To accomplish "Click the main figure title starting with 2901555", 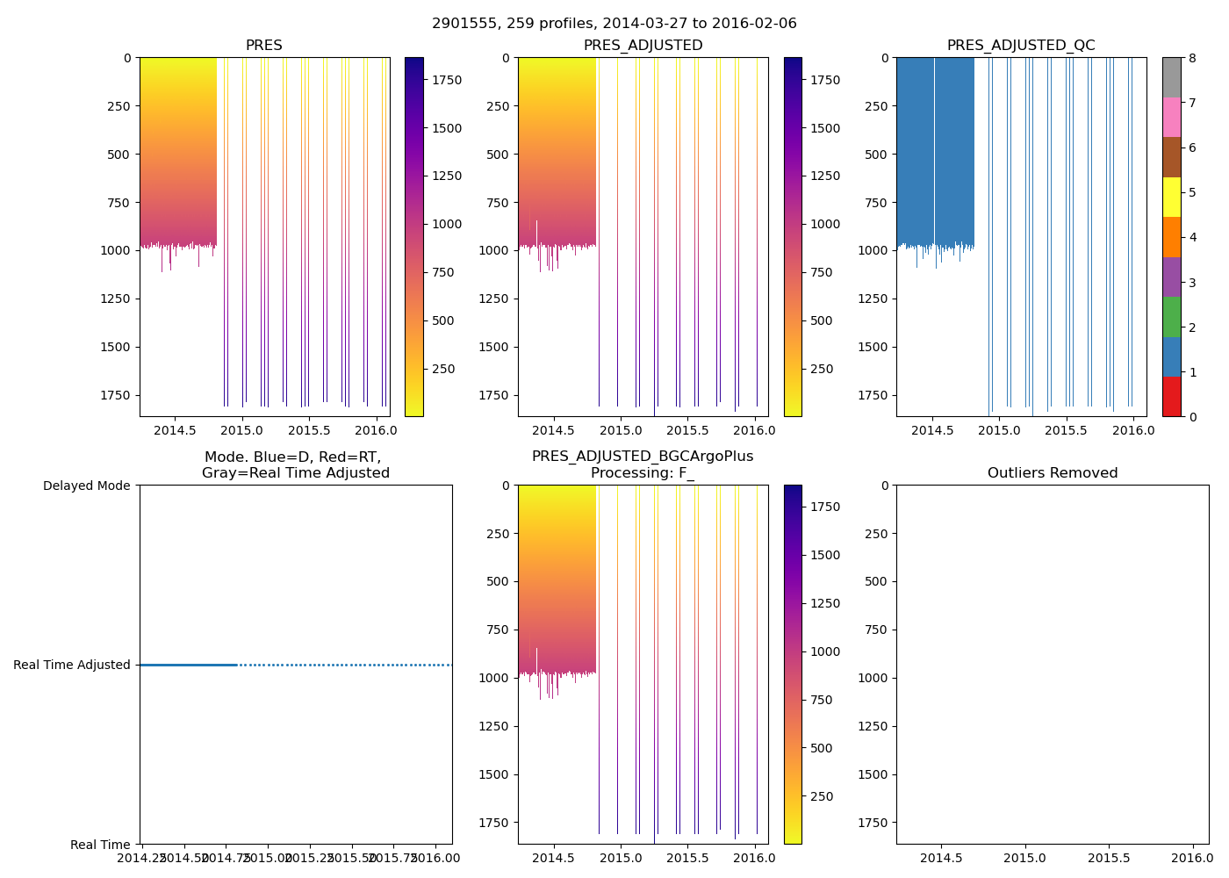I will pyautogui.click(x=614, y=24).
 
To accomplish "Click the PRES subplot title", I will pyautogui.click(x=264, y=46).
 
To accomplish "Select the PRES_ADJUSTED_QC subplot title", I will pyautogui.click(x=1021, y=46).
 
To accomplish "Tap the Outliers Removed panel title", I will pyautogui.click(x=1053, y=473).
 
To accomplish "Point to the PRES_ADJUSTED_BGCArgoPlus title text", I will pyautogui.click(x=643, y=457).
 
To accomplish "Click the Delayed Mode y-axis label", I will pyautogui.click(x=86, y=486).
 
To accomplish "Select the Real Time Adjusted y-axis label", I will pyautogui.click(x=72, y=666).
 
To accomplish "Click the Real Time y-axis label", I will pyautogui.click(x=100, y=845).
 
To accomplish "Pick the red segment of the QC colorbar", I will pyautogui.click(x=1171, y=397).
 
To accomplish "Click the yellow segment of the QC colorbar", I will pyautogui.click(x=1171, y=198).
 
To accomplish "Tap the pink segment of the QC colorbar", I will pyautogui.click(x=1171, y=118).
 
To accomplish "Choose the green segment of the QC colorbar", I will pyautogui.click(x=1171, y=317).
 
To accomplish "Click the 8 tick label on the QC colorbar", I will pyautogui.click(x=1193, y=58).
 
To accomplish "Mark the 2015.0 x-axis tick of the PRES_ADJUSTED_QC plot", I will pyautogui.click(x=999, y=431).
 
